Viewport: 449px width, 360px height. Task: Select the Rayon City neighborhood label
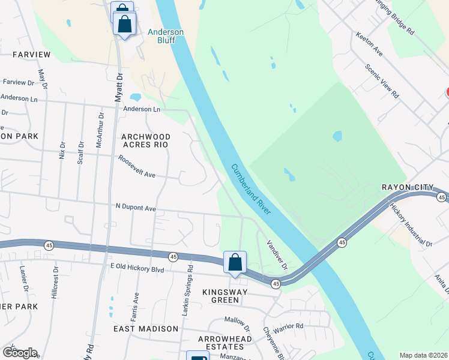408,187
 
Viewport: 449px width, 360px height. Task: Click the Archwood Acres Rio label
146,140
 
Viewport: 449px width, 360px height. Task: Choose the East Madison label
146,329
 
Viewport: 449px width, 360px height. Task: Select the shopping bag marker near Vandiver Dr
235,262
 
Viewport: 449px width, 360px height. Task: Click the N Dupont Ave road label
136,208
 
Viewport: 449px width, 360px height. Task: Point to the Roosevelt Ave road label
137,167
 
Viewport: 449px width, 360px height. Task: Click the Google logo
20,353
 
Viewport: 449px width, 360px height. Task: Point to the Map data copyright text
423,355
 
